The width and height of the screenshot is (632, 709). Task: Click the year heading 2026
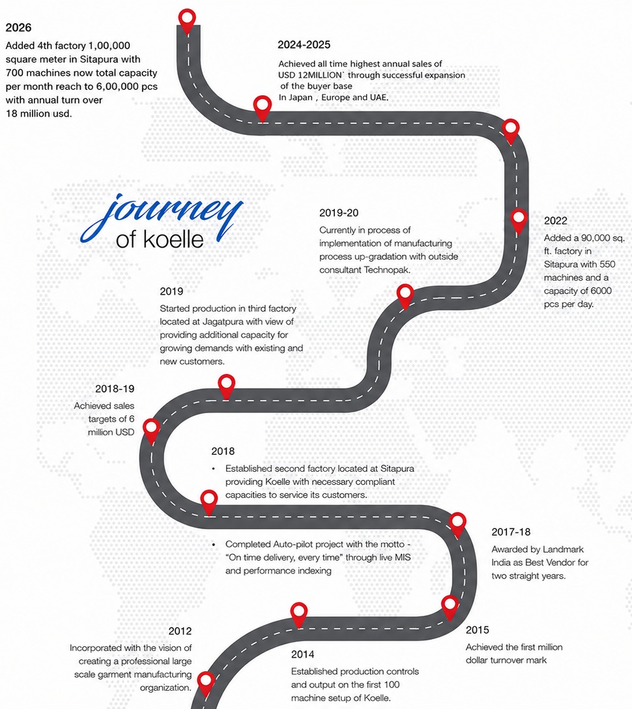click(18, 27)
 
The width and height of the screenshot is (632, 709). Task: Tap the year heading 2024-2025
click(304, 45)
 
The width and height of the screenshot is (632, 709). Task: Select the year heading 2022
click(556, 221)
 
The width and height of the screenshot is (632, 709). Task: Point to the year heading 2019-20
click(339, 213)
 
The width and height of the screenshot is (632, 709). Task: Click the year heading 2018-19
click(115, 389)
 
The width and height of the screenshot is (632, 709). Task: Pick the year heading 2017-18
click(511, 532)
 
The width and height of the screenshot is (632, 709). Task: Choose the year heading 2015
click(478, 630)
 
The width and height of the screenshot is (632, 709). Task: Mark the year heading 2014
click(303, 654)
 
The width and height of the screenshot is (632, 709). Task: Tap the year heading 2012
click(180, 631)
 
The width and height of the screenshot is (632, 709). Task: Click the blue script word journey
click(162, 215)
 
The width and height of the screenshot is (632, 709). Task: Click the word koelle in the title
click(173, 240)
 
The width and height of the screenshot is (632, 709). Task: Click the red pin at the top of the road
click(187, 18)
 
